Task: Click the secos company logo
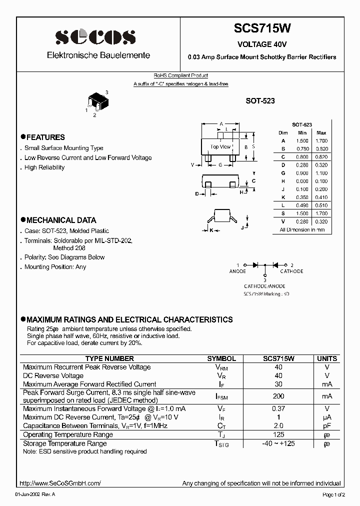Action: (95, 37)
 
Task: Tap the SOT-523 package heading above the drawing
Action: (259, 100)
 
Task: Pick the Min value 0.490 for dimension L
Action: (302, 205)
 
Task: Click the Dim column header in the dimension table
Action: (283, 132)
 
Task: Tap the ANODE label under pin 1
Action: (237, 271)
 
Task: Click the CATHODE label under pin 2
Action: (291, 271)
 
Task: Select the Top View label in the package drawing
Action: (220, 146)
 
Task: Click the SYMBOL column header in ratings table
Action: (221, 358)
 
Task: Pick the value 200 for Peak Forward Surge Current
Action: (278, 396)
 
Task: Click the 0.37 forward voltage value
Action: (278, 408)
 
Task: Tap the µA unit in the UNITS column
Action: (327, 417)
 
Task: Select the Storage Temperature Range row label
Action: (65, 443)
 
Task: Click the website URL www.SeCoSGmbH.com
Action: (60, 483)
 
